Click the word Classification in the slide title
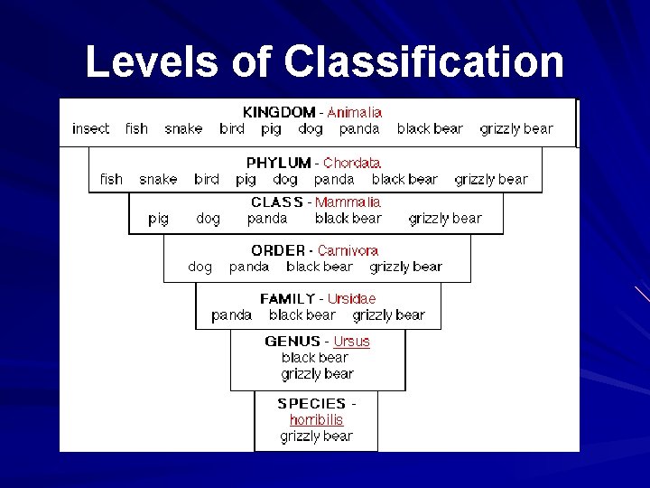pos(423,62)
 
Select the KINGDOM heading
pos(279,113)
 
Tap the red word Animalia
pos(354,113)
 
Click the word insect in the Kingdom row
pos(90,129)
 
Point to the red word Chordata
pos(352,164)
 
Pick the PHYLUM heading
pos(279,164)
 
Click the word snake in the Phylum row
pos(158,180)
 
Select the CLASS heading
pos(277,202)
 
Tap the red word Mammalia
pos(348,202)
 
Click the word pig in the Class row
pos(158,219)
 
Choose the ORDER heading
pos(278,250)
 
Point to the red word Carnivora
pos(348,250)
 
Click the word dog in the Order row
pos(200,267)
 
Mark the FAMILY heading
pos(288,298)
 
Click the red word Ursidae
pos(351,298)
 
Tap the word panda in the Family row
pos(231,315)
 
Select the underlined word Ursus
pos(351,342)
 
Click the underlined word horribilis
pos(316,420)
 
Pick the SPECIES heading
pos(311,404)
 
